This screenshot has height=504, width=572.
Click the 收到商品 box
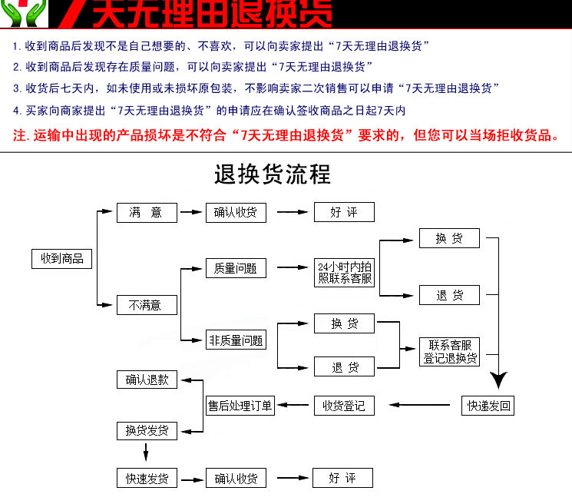click(x=61, y=259)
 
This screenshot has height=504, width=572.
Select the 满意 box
click(x=147, y=213)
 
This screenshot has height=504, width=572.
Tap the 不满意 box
click(x=147, y=305)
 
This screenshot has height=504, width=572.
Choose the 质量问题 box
click(x=236, y=269)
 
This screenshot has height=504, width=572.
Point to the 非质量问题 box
click(x=236, y=340)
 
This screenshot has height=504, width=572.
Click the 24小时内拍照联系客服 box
click(x=345, y=273)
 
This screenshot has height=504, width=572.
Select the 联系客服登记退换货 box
click(x=450, y=351)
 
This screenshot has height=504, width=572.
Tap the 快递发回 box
click(x=490, y=405)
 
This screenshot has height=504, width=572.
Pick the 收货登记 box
click(x=343, y=405)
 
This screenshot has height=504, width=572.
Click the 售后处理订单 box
click(x=240, y=405)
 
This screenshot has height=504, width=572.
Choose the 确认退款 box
click(x=147, y=379)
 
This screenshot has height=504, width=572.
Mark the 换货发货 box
click(x=147, y=430)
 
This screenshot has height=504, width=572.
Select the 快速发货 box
click(x=147, y=478)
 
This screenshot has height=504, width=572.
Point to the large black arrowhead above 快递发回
click(x=500, y=380)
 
